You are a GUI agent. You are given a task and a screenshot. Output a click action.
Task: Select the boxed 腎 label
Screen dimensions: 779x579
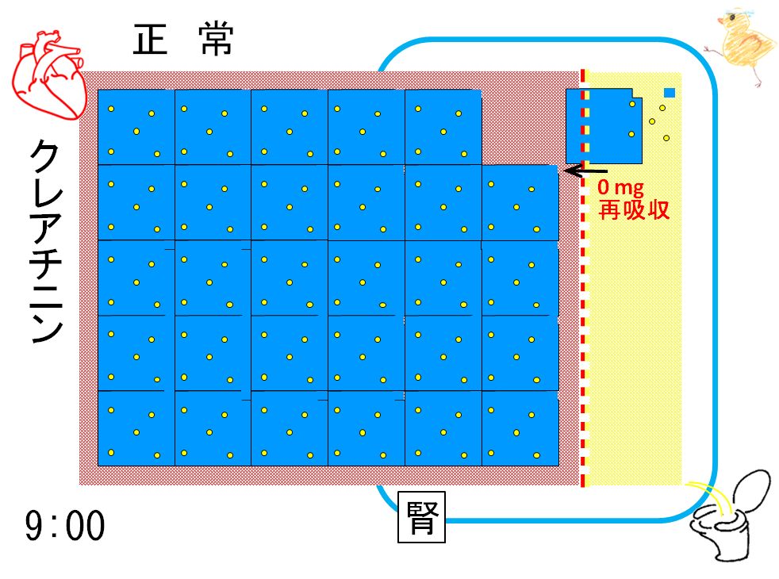coord(421,517)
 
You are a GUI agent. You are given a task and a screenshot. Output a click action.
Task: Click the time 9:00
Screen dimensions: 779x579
coord(65,525)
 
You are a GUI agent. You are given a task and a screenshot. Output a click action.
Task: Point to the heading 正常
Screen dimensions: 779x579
coord(182,39)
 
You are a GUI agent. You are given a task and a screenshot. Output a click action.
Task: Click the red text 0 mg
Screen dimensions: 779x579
coord(620,187)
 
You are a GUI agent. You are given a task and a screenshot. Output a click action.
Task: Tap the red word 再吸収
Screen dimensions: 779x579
coord(634,209)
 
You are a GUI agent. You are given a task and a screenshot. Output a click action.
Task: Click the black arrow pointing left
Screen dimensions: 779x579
coord(585,171)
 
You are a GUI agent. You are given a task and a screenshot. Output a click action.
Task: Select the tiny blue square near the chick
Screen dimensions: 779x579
coord(670,92)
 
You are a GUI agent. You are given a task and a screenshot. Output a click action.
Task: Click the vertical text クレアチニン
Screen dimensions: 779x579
coord(46,241)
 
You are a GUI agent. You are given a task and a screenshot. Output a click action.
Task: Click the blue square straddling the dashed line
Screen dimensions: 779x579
coord(604,126)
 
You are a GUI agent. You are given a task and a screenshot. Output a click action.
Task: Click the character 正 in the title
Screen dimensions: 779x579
coord(150,40)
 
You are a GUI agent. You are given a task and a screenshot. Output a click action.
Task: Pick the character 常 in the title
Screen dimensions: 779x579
coord(217,39)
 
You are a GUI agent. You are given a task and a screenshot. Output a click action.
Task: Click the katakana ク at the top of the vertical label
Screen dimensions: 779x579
coord(45,155)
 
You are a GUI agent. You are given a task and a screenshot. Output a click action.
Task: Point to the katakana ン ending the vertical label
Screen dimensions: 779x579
coord(47,328)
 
